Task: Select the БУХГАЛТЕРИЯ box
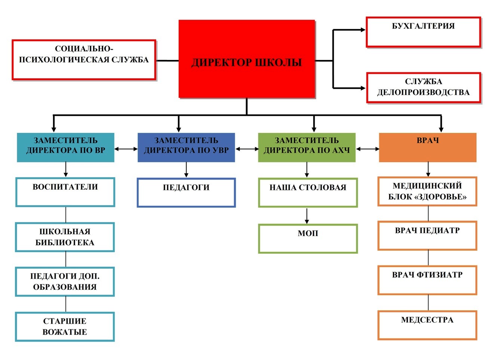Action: click(x=423, y=32)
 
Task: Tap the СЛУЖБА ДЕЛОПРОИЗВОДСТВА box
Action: click(x=423, y=88)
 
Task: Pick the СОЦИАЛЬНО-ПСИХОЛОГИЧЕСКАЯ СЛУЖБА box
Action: click(x=84, y=60)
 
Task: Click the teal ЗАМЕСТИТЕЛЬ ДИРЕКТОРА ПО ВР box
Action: click(x=65, y=147)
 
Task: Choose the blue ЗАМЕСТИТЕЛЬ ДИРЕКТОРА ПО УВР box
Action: click(x=186, y=147)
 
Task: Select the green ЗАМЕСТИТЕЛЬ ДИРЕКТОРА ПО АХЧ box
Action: click(x=307, y=147)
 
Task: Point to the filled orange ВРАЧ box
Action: click(x=427, y=147)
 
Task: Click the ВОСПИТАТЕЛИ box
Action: click(x=65, y=192)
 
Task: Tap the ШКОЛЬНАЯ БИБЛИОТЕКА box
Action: click(x=65, y=237)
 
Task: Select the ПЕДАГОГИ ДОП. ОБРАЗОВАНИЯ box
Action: click(x=65, y=282)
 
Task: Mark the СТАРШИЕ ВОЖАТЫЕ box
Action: click(x=65, y=327)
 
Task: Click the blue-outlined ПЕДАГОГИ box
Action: click(x=186, y=193)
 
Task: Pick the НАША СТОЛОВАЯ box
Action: click(x=308, y=193)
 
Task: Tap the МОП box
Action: click(x=308, y=239)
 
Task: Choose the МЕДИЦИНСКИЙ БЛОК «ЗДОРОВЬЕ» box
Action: click(x=427, y=192)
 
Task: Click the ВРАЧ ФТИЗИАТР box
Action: click(x=427, y=280)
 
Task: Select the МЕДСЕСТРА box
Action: click(x=427, y=325)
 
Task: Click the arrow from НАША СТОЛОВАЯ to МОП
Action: click(x=307, y=216)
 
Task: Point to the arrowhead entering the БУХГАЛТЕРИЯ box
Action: click(x=363, y=30)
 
